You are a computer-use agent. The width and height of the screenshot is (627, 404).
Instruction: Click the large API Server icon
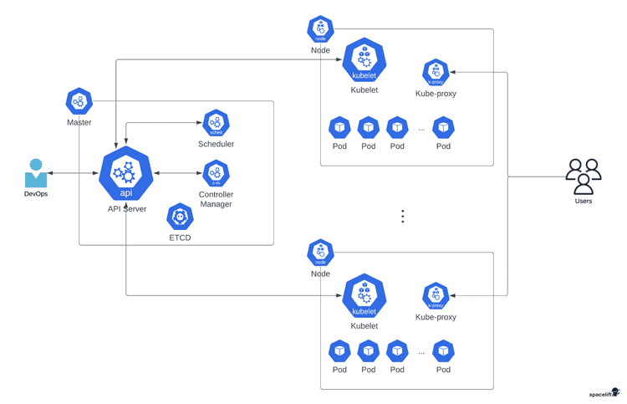126,174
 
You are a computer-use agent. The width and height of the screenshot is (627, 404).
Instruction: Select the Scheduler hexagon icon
216,124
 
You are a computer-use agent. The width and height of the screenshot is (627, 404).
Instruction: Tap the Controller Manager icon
216,174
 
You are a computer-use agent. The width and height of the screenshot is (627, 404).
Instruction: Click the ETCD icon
180,217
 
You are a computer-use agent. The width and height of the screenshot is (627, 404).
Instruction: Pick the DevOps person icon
36,173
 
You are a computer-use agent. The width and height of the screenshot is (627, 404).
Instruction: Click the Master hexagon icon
79,102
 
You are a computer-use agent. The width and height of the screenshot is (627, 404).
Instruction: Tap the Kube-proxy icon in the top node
436,73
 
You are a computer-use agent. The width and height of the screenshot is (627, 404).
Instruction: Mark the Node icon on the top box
320,29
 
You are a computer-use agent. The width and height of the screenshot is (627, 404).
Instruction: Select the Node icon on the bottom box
320,253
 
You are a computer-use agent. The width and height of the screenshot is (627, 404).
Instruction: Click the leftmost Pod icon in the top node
339,127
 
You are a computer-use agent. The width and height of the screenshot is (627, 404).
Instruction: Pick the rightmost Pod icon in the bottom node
443,351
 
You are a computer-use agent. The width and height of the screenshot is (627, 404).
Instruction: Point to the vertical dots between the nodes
402,216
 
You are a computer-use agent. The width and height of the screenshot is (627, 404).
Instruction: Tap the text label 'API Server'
126,209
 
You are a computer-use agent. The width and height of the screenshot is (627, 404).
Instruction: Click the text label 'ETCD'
180,238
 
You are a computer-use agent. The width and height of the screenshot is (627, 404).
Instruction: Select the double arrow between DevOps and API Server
74,174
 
